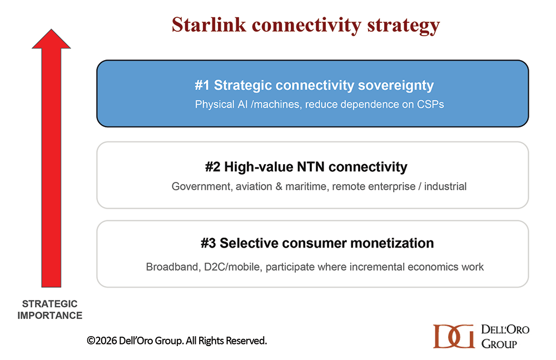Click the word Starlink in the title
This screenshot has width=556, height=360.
[209, 25]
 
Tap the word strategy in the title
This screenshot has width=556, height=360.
[403, 26]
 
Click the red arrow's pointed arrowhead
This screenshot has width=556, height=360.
[51, 39]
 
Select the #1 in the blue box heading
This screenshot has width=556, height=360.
[202, 85]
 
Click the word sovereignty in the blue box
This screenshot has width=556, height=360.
[396, 86]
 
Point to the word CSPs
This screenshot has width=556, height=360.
[430, 105]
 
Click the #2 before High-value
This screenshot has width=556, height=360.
[212, 167]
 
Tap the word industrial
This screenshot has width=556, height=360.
[445, 186]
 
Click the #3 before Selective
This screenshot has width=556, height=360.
[208, 243]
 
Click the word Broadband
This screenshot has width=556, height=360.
[173, 267]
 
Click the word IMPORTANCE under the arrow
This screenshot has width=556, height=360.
[50, 315]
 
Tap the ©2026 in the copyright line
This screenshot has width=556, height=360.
[102, 341]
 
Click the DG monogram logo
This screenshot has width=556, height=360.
[454, 336]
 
